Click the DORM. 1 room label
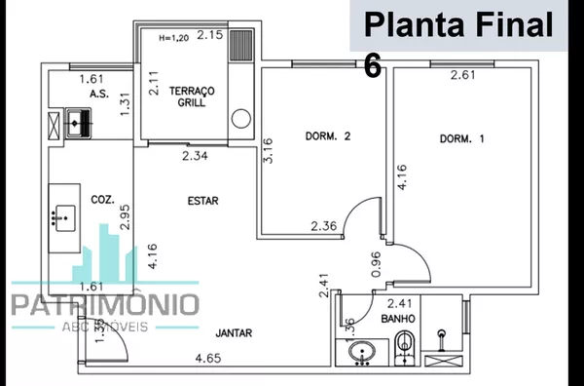461,139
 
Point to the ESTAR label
202,201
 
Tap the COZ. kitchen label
102,199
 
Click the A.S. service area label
96,94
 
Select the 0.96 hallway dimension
377,263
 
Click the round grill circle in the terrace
239,120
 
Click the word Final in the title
509,23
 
